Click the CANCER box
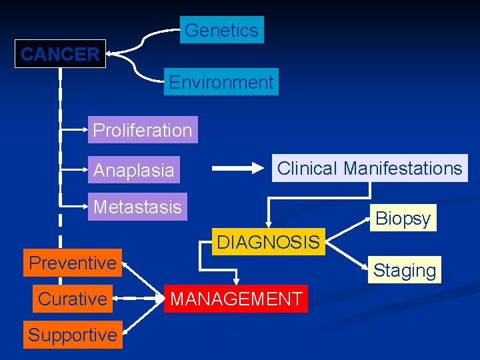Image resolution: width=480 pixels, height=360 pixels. point(60,55)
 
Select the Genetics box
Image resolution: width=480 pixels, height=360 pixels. point(221,30)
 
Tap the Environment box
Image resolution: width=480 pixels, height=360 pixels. point(221,83)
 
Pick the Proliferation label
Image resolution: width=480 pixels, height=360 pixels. point(143,130)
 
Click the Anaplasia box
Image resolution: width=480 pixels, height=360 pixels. point(134,170)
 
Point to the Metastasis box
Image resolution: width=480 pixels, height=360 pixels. point(137,207)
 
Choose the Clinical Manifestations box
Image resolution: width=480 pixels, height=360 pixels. point(369,168)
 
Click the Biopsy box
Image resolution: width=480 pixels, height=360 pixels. point(403,218)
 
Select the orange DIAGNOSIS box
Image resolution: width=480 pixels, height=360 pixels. point(267,242)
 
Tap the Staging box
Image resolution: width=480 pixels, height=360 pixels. point(405,270)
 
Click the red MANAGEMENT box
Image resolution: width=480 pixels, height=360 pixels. point(236,299)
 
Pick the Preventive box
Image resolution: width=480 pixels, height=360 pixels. point(73,263)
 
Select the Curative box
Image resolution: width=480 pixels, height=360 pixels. point(73,299)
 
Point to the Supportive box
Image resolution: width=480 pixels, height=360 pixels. point(73,335)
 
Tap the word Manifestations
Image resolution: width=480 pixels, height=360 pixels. point(403,168)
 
